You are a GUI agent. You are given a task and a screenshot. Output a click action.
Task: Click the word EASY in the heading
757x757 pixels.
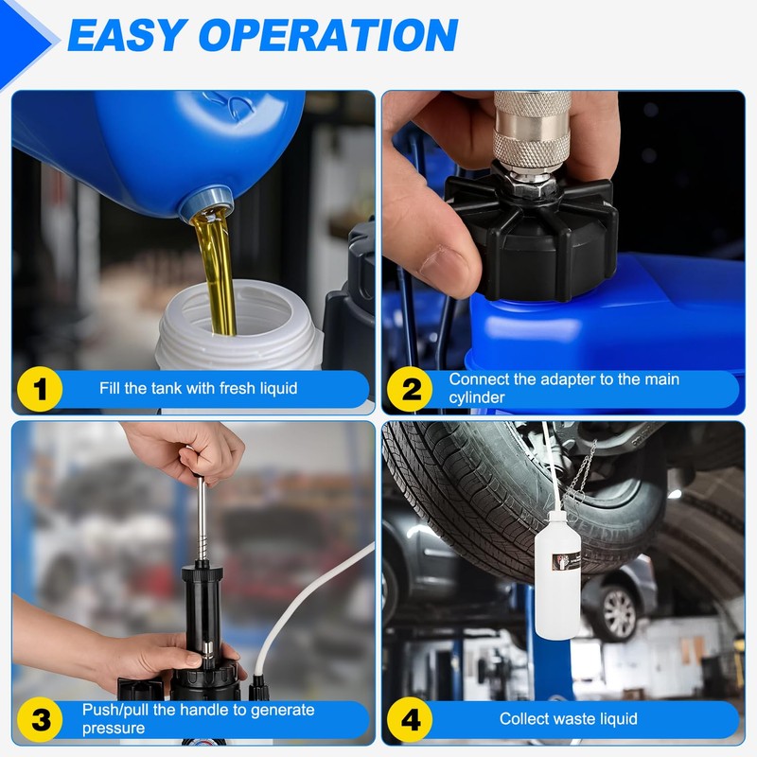(x=127, y=35)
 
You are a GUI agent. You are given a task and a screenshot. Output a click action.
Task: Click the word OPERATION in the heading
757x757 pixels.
(x=328, y=35)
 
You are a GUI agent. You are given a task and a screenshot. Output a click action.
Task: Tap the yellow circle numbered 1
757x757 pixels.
(x=40, y=389)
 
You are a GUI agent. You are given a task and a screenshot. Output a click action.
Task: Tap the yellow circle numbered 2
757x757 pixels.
(x=410, y=389)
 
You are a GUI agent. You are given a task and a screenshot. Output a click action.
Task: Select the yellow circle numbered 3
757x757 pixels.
(x=40, y=719)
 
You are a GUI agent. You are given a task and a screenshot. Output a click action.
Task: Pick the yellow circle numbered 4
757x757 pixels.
(x=410, y=719)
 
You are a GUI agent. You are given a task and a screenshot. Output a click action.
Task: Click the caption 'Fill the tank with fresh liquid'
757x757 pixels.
(x=199, y=388)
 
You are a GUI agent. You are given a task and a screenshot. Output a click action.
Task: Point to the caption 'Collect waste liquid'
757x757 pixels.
(x=569, y=719)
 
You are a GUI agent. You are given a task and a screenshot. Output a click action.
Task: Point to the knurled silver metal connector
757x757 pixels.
(x=532, y=132)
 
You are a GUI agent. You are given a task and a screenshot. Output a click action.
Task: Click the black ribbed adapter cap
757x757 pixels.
(x=532, y=237)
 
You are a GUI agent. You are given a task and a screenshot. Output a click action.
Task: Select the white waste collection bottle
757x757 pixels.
(x=557, y=575)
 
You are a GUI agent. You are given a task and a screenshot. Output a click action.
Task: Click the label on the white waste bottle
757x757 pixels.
(x=566, y=559)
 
